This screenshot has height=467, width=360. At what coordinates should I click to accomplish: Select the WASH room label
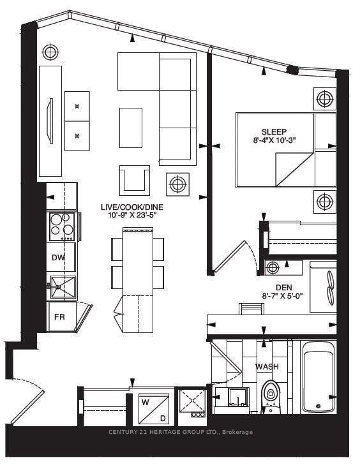pos(267,367)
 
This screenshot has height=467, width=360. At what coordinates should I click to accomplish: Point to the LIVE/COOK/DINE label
pos(131,207)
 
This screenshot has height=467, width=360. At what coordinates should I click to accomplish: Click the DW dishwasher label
pos(57,257)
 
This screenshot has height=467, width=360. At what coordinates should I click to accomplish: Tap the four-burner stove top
pos(62,226)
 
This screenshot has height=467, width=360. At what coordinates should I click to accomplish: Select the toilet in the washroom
pos(271,393)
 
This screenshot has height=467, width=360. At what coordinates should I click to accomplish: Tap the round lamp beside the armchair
pos(177,185)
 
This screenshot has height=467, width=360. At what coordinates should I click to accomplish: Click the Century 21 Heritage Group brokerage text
pos(180,433)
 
